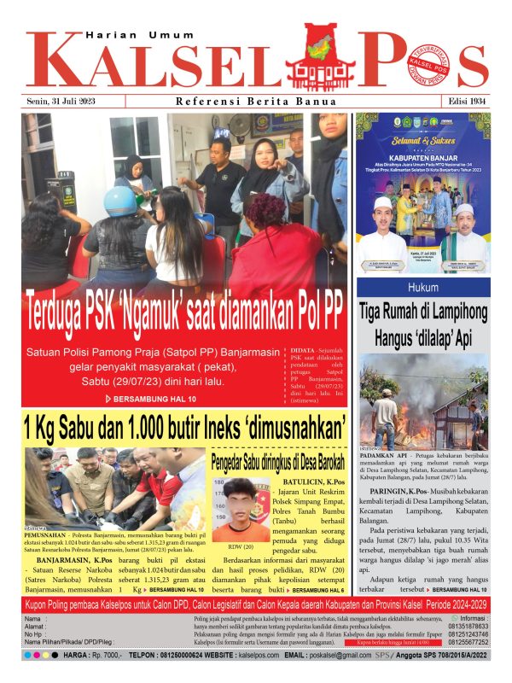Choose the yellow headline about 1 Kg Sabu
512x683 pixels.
pos(183,424)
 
